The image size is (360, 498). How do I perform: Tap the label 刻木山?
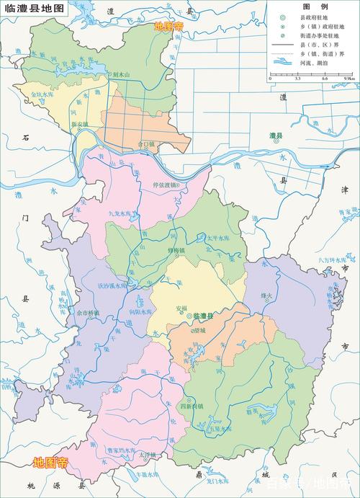pyautogui.click(x=122, y=74)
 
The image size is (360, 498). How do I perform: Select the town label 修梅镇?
pyautogui.click(x=176, y=250)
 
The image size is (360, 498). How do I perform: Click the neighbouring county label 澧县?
pyautogui.click(x=275, y=135)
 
